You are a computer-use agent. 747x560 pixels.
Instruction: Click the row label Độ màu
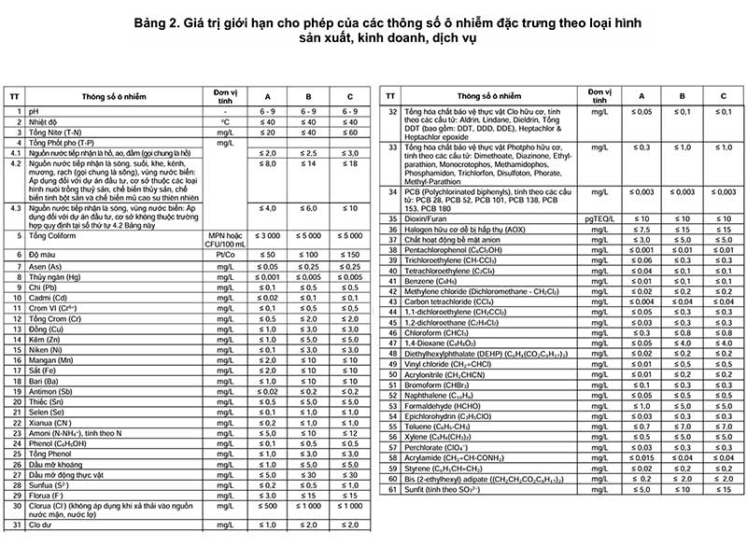pos(41,254)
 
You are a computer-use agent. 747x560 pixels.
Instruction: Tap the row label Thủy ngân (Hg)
pos(54,276)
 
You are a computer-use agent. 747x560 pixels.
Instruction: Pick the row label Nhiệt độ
pos(43,121)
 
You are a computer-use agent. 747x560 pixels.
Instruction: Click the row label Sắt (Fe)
pos(42,371)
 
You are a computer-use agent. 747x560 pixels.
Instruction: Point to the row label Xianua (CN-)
pos(50,422)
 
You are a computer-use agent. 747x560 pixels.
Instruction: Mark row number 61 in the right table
pos(392,489)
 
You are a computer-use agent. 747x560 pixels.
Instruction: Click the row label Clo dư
pos(40,525)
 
